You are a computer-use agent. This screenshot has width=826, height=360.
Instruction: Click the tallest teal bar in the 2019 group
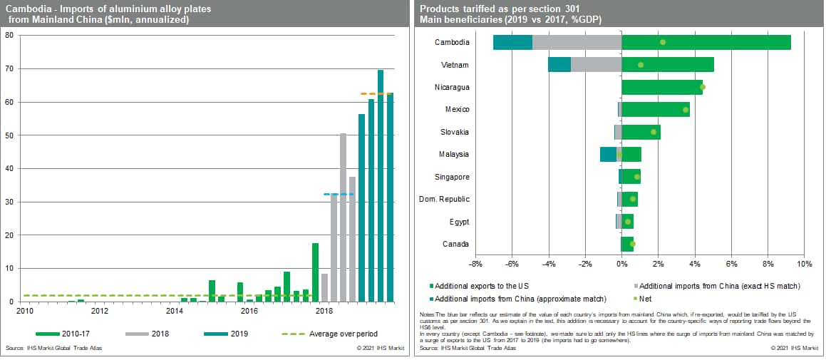click(381, 185)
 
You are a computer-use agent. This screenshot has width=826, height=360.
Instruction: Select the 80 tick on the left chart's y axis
click(10, 36)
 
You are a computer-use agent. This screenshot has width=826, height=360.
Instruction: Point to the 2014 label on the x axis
click(174, 311)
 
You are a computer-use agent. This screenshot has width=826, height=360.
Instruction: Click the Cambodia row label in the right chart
click(452, 42)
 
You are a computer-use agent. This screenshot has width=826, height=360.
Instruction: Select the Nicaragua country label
click(451, 87)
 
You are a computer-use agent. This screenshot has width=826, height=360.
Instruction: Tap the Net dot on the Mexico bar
click(686, 110)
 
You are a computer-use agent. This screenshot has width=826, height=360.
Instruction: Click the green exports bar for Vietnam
click(667, 65)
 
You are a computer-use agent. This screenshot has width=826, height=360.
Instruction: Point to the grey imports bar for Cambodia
click(576, 42)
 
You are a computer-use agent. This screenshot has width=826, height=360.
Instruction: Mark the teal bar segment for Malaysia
click(608, 155)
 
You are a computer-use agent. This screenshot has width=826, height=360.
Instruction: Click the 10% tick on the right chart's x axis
click(804, 264)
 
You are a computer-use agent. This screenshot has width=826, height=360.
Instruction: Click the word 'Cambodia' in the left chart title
click(26, 9)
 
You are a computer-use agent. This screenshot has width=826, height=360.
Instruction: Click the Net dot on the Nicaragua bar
click(702, 87)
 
